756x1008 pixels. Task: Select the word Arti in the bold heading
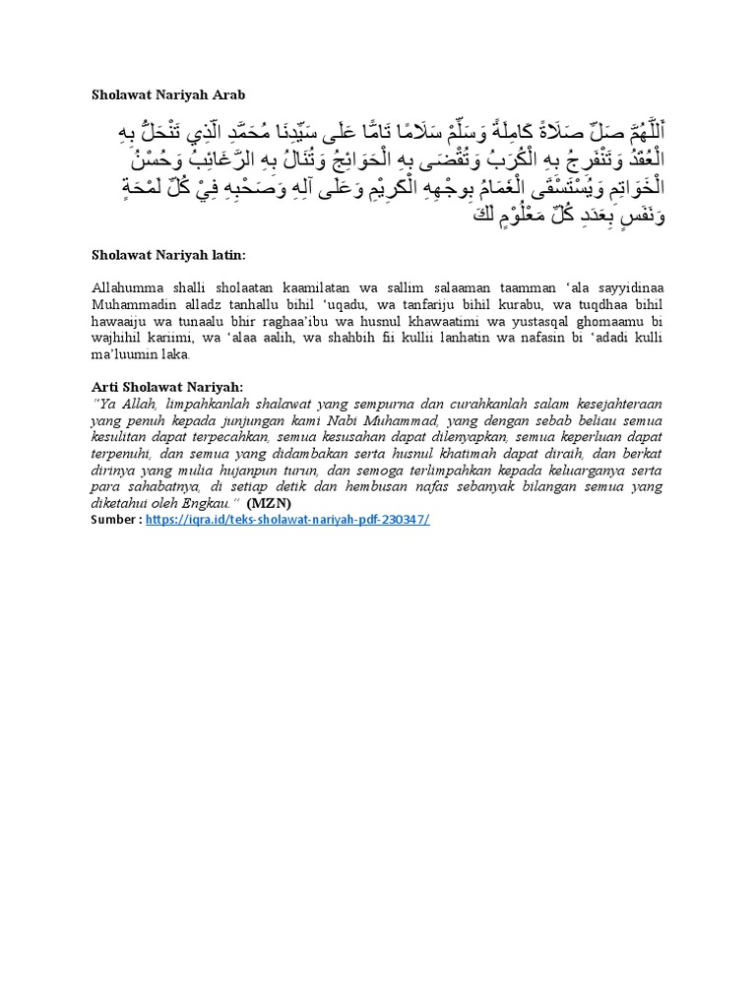pyautogui.click(x=105, y=386)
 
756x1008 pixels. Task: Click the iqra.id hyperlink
pyautogui.click(x=287, y=519)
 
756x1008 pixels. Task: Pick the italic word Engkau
pyautogui.click(x=214, y=502)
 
